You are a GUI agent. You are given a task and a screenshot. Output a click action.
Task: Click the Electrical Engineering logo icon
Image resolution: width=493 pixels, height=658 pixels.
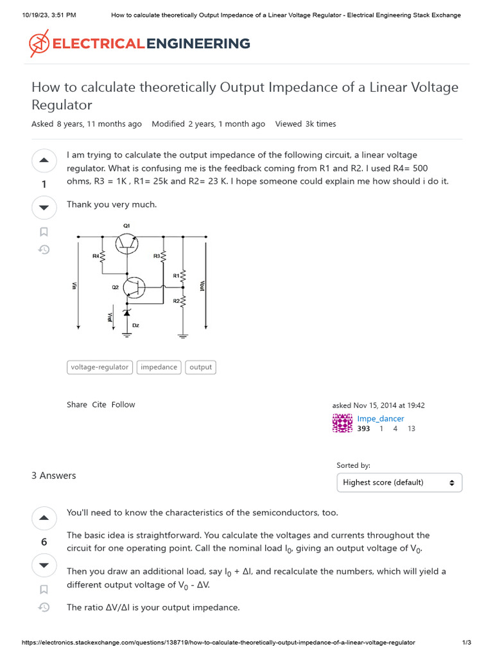(39, 44)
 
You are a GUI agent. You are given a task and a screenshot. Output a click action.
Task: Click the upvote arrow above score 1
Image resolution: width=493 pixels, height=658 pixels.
(44, 161)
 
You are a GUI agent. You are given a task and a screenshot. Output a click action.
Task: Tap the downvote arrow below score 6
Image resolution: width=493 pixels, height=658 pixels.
(44, 565)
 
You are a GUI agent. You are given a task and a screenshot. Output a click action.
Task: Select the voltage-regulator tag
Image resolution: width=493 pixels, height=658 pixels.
(99, 368)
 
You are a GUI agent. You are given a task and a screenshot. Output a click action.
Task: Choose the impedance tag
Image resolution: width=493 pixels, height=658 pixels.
(159, 368)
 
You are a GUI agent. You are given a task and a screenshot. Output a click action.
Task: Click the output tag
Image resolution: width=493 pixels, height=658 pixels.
(200, 368)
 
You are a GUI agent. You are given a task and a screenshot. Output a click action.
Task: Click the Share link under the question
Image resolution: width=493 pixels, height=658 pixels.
(76, 405)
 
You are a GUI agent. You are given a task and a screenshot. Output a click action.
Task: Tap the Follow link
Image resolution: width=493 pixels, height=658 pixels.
(123, 405)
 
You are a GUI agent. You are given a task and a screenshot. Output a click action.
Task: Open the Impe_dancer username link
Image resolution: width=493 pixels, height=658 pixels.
(380, 418)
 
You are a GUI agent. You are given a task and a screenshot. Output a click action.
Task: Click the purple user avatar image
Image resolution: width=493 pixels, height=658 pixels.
(342, 423)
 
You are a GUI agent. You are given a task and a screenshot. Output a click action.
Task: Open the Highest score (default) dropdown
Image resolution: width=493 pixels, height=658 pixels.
(399, 483)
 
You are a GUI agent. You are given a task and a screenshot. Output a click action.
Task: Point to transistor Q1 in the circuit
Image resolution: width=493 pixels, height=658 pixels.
(126, 243)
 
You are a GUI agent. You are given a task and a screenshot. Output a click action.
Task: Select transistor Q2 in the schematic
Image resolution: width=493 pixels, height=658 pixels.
(134, 287)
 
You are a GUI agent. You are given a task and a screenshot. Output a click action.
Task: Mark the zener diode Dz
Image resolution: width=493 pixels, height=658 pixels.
(126, 313)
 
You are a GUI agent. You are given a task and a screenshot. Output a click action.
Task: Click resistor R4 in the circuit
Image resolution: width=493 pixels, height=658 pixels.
(103, 256)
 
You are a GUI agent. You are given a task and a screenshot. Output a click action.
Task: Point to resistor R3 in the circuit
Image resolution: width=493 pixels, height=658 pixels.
(163, 256)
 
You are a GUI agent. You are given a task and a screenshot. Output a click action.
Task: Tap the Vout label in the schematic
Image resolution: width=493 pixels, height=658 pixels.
(202, 285)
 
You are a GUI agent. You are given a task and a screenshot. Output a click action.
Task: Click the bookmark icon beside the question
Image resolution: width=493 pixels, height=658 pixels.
(44, 232)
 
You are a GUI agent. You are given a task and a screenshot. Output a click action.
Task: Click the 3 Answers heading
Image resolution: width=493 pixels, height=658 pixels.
(53, 476)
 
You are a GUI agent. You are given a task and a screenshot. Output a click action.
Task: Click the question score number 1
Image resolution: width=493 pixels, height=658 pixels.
(44, 185)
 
